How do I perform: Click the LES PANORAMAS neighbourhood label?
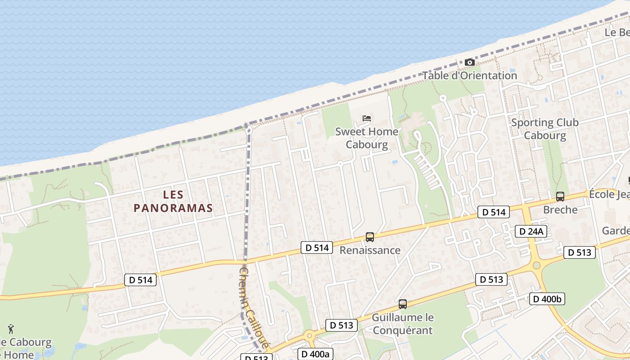point(173,201)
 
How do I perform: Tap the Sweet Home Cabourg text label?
point(367,138)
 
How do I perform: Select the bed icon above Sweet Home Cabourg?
point(367,118)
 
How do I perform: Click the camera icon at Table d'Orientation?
point(469,62)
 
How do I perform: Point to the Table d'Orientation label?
point(469,76)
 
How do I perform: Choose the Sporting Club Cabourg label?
point(544,129)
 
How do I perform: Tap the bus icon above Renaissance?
point(370,237)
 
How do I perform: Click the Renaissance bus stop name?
point(370,250)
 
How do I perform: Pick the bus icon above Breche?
point(560,196)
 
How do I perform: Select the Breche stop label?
point(560,210)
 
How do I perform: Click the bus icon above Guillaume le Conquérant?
point(403,304)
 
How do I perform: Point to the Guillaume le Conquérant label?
point(403,324)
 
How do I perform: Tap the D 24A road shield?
point(531,232)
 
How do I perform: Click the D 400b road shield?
point(547,299)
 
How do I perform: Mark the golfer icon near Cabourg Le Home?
point(11,329)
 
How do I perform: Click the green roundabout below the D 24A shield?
point(536,265)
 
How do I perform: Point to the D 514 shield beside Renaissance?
point(317,247)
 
